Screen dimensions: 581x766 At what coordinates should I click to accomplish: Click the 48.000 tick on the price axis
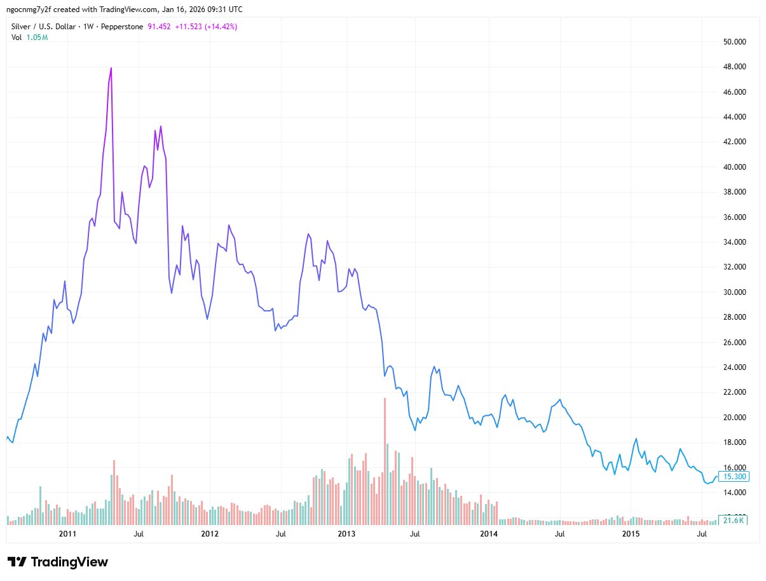tap(730, 67)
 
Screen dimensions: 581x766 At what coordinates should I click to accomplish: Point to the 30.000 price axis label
tap(730, 292)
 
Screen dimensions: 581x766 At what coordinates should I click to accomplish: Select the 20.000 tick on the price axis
tap(730, 418)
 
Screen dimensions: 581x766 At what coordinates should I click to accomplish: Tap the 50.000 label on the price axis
tap(730, 42)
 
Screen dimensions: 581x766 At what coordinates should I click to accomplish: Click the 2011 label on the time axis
tap(67, 533)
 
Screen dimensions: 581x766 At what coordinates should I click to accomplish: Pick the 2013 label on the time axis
tap(346, 533)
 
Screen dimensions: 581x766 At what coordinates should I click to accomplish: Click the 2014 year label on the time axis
tap(488, 533)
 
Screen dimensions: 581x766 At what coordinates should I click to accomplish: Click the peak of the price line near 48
tap(111, 67)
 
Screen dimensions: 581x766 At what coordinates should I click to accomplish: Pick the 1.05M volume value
tap(37, 37)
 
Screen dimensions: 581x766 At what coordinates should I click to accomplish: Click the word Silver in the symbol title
tap(22, 26)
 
